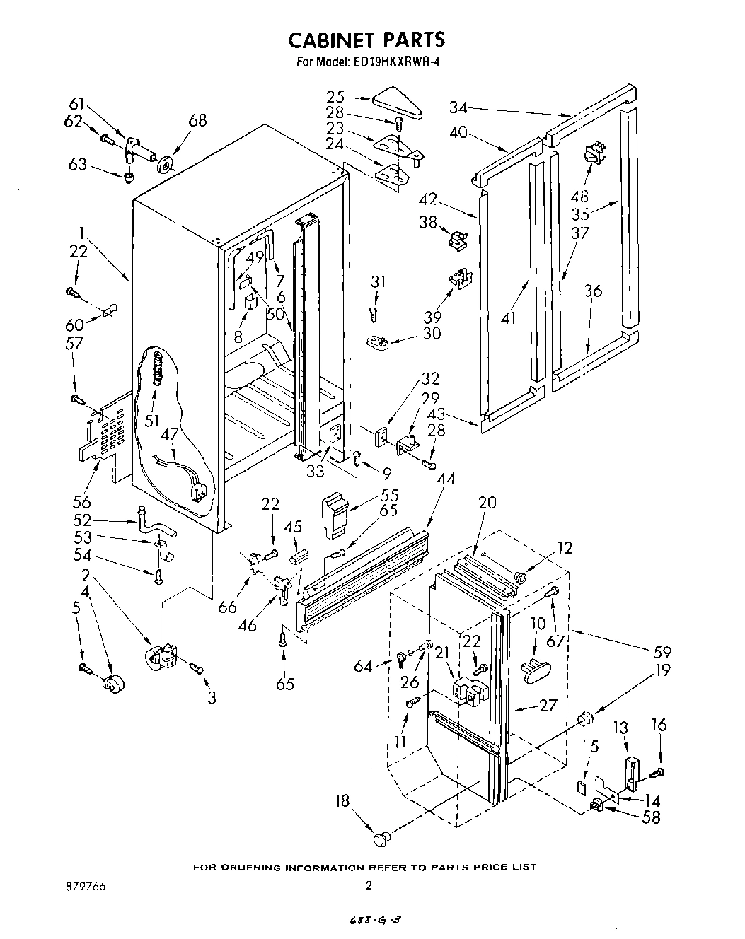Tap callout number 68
[197, 121]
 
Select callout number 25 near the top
[336, 96]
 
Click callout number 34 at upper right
[458, 107]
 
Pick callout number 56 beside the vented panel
[82, 501]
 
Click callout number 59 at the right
[662, 653]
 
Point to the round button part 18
[382, 839]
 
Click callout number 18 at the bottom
[342, 801]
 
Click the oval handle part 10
[538, 669]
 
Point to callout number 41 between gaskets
[508, 319]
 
